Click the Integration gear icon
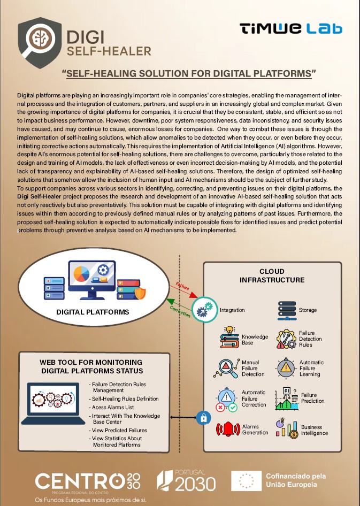(203, 309)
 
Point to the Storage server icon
(287, 310)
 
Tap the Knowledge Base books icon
(230, 338)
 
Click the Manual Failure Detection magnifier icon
(228, 367)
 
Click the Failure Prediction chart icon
(287, 398)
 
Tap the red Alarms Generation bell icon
(227, 429)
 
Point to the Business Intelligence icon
(287, 429)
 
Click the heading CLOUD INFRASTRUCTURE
(272, 275)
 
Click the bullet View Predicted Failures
(119, 430)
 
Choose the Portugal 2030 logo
(186, 481)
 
